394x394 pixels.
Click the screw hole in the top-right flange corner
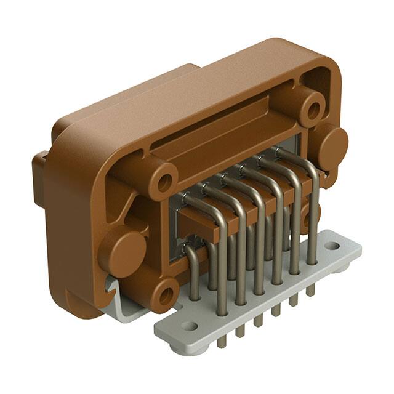coord(313,110)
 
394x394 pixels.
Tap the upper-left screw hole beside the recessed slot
coord(164,182)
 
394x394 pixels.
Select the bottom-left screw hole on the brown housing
coord(165,296)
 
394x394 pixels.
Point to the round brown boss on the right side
coord(333,148)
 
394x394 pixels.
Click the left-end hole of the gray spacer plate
coord(189,326)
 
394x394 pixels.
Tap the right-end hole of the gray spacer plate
coord(332,246)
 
